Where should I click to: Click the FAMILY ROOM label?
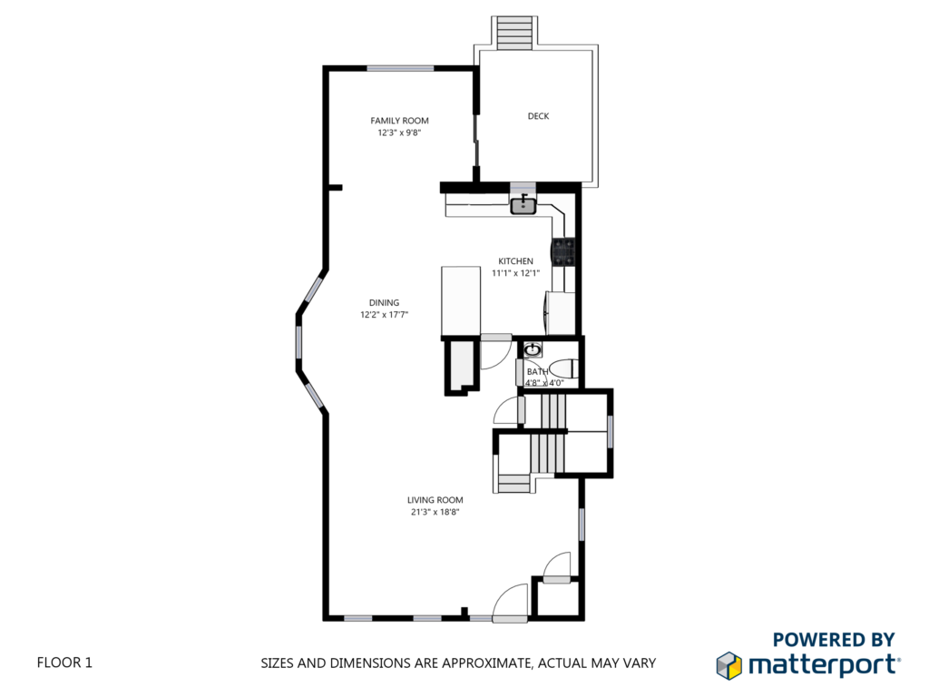tap(399, 121)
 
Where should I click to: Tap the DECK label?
tap(539, 116)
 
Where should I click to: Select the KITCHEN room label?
tap(515, 260)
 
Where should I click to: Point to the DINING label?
tap(384, 302)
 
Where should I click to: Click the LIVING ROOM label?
tap(435, 500)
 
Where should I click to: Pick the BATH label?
tap(537, 371)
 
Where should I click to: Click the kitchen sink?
tap(523, 205)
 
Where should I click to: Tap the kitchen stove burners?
tap(563, 251)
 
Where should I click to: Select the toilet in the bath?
tap(562, 368)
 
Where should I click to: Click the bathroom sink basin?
tap(533, 349)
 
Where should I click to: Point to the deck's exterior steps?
tap(515, 33)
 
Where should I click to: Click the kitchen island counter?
tap(460, 301)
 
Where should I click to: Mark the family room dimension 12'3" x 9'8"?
tap(399, 133)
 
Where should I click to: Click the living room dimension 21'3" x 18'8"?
tap(435, 512)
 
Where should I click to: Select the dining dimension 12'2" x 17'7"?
tap(384, 315)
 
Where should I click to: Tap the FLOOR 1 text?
tap(64, 662)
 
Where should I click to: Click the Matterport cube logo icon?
tap(729, 665)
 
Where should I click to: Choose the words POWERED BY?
tap(834, 640)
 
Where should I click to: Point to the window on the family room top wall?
tap(400, 68)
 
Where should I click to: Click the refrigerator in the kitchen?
tap(561, 313)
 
